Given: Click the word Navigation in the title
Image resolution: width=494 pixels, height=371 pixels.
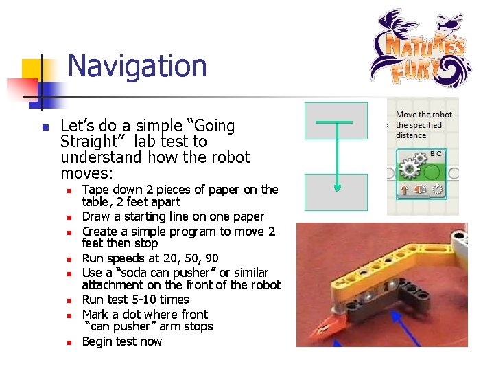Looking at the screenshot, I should pyautogui.click(x=137, y=66).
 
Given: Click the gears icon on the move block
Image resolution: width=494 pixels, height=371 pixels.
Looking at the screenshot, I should pyautogui.click(x=410, y=168).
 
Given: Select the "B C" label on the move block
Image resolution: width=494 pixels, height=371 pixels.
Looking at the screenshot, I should pyautogui.click(x=436, y=154).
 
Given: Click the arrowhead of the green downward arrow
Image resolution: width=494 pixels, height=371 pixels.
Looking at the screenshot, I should pyautogui.click(x=337, y=185).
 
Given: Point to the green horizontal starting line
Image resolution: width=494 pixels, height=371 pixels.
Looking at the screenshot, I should pyautogui.click(x=334, y=122).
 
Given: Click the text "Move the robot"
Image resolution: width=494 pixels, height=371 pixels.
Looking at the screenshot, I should pyautogui.click(x=424, y=115).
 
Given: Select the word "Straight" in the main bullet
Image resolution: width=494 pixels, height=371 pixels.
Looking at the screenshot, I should pyautogui.click(x=86, y=142).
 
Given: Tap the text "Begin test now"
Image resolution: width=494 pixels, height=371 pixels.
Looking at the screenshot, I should pyautogui.click(x=122, y=341).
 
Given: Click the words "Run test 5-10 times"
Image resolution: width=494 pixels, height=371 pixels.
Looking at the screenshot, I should pyautogui.click(x=135, y=300).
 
